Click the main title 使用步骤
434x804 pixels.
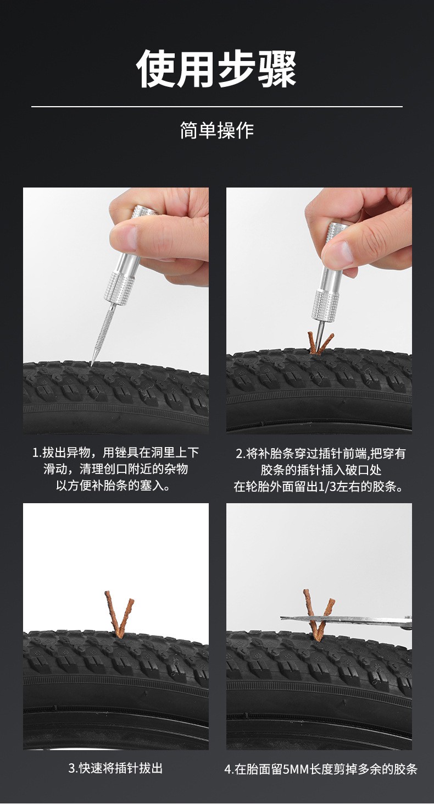coord(216,69)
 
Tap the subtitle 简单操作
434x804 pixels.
coord(217,130)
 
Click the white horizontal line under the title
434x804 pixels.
coord(217,107)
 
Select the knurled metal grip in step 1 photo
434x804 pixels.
coord(120,288)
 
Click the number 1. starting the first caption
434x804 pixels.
coord(37,453)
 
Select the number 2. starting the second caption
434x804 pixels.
coord(241,454)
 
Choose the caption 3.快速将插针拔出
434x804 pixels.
coord(115,768)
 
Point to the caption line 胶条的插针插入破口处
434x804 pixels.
coord(321,470)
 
